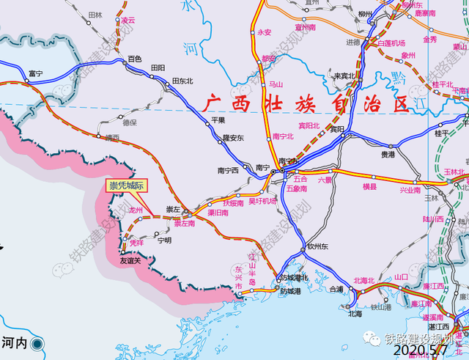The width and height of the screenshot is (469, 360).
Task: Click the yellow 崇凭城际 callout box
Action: pos(127,186)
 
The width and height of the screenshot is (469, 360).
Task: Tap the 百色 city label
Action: pos(134,58)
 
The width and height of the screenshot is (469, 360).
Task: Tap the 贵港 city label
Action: pos(388,155)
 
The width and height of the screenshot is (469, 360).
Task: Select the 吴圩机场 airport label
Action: pos(262,201)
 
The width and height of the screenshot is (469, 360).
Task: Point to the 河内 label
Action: pos(14,342)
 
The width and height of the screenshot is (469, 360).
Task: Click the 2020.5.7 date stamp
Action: pos(428,353)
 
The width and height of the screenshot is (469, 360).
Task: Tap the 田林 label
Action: pos(95,15)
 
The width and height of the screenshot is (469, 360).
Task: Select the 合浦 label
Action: pos(336,289)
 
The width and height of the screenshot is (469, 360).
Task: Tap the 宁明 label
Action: pos(164,240)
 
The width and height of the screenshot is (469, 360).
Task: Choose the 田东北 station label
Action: pos(182,81)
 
